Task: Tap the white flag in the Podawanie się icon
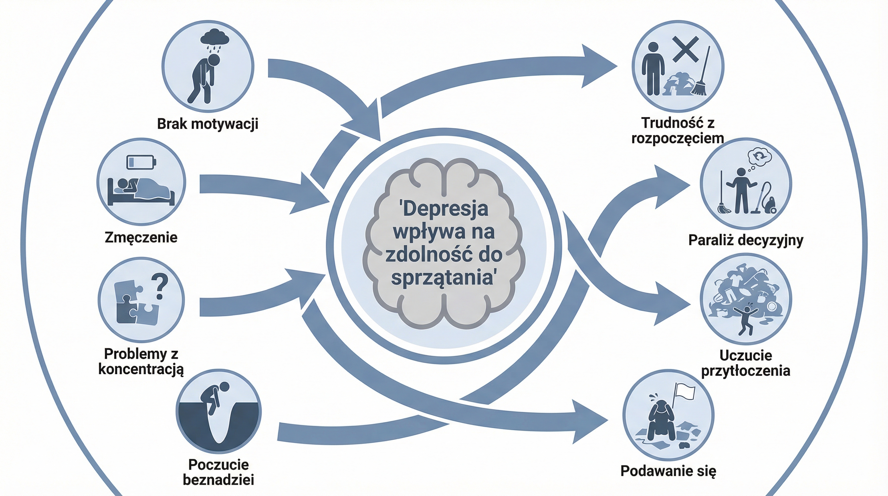coord(685,393)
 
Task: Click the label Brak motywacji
coord(207,123)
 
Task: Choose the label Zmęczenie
coord(141,237)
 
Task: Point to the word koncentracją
coord(141,369)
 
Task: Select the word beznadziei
coord(218,480)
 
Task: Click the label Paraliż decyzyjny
coord(746,240)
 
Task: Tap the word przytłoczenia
coord(746,371)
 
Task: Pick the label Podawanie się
coord(668,471)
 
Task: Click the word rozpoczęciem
coord(677,138)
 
